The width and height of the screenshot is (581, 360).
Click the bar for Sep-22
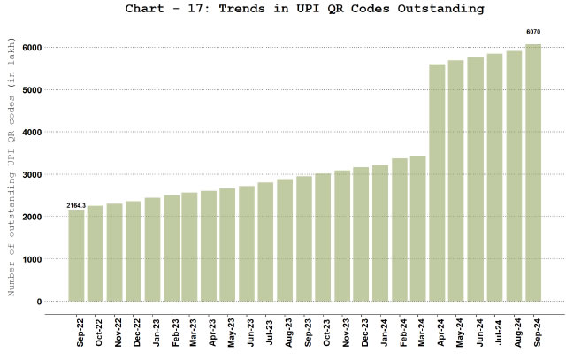(77, 256)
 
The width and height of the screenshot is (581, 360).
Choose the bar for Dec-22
(134, 251)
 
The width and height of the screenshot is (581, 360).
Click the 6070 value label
(533, 32)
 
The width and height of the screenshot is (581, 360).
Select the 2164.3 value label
(76, 205)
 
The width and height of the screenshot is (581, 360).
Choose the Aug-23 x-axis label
(287, 333)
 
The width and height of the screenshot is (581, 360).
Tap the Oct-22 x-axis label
(97, 333)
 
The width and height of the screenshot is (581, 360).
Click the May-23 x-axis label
(230, 333)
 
